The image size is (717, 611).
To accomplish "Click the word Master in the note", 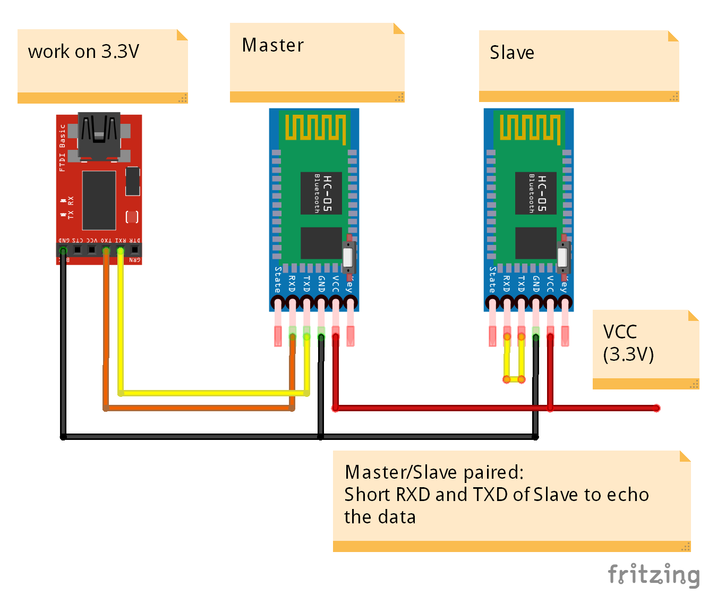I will pyautogui.click(x=272, y=46).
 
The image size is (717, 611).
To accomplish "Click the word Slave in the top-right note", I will pyautogui.click(x=511, y=53).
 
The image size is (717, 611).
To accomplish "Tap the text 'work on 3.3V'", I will pyautogui.click(x=83, y=52).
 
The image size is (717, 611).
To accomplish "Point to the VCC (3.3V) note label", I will pyautogui.click(x=628, y=343).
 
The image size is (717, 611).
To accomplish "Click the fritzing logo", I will pyautogui.click(x=654, y=575).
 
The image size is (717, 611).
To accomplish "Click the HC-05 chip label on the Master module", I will pyautogui.click(x=321, y=193).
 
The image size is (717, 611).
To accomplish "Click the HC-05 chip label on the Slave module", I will pyautogui.click(x=536, y=193).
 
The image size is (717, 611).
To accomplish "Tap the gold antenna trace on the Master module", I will pyautogui.click(x=315, y=128).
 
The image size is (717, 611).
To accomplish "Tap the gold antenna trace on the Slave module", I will pyautogui.click(x=530, y=128).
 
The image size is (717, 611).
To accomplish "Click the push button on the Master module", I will pyautogui.click(x=348, y=257).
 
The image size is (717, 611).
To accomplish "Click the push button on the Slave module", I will pyautogui.click(x=563, y=257).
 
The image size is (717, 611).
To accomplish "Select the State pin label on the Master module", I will pyautogui.click(x=277, y=279).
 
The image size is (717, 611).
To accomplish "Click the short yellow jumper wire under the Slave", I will pyautogui.click(x=514, y=379).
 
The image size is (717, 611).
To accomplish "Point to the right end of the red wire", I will pyautogui.click(x=656, y=408).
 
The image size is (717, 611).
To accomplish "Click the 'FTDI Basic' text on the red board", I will pyautogui.click(x=62, y=148).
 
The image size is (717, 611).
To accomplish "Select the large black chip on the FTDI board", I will pyautogui.click(x=99, y=200).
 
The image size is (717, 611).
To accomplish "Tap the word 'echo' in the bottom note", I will pyautogui.click(x=628, y=495).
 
